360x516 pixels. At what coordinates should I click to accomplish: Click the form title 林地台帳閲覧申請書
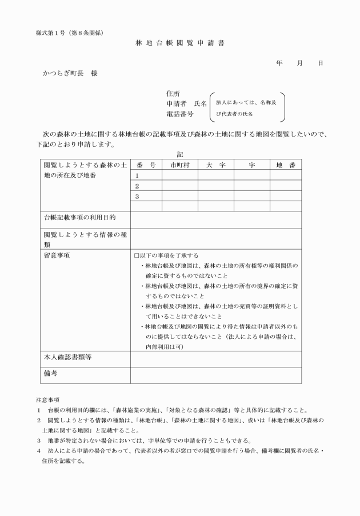[x=179, y=43]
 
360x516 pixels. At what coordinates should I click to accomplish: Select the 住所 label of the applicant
[x=173, y=94]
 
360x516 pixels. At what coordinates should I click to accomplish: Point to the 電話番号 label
[x=181, y=114]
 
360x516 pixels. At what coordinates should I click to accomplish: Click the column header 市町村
[x=179, y=165]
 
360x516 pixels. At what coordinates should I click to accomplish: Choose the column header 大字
[x=215, y=165]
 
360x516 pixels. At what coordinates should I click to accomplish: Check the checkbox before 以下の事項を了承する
[x=137, y=255]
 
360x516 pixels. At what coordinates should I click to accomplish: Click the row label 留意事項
[x=57, y=255]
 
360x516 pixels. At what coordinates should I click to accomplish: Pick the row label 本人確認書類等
[x=68, y=358]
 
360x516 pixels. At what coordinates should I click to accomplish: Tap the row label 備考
[x=51, y=374]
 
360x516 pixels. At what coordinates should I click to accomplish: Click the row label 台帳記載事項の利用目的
[x=80, y=218]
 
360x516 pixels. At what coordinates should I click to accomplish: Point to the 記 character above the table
[x=179, y=154]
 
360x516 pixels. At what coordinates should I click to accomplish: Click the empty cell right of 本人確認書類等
[x=215, y=358]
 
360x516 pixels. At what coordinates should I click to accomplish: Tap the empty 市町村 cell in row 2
[x=179, y=186]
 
